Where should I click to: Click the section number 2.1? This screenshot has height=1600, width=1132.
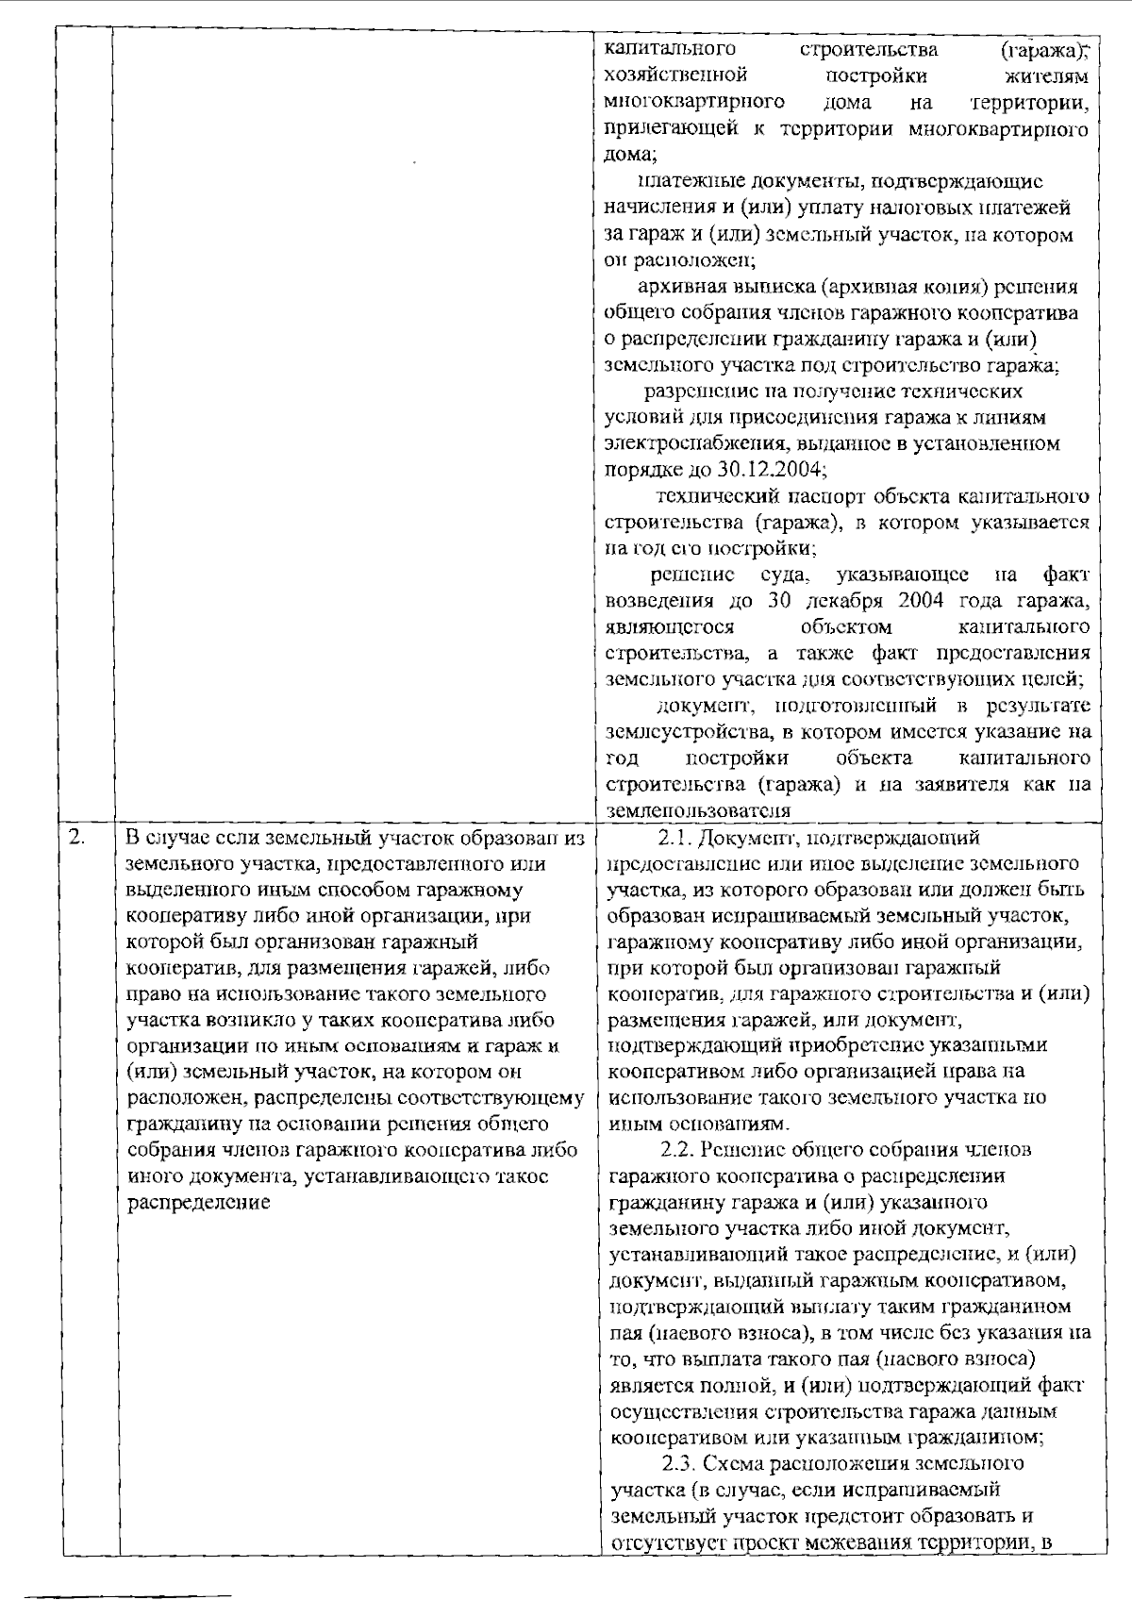674,837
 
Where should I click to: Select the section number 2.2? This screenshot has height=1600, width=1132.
676,1150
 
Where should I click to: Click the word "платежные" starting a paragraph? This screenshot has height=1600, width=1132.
684,180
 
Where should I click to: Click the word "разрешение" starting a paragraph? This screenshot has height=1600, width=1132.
694,391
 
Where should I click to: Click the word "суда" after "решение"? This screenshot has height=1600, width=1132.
782,574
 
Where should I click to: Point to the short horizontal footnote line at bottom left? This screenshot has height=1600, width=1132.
128,1571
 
